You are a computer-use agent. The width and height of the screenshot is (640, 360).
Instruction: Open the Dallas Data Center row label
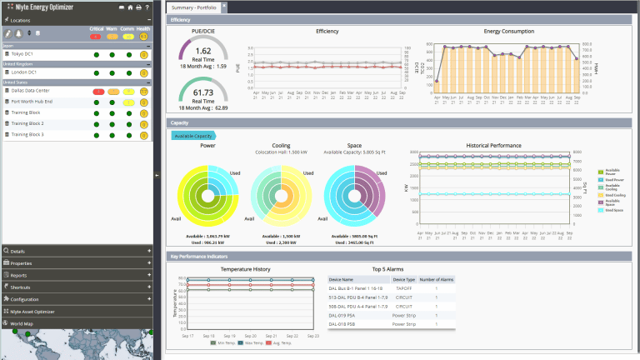[31, 90]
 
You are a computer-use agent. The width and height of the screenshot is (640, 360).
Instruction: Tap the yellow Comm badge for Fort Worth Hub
[127, 101]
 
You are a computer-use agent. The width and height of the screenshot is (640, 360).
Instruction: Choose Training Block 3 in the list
[27, 134]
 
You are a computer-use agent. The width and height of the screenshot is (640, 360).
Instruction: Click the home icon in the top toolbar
[129, 7]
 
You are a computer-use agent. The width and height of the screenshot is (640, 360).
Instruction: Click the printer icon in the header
[138, 7]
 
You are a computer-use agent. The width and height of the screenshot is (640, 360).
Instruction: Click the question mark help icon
[147, 7]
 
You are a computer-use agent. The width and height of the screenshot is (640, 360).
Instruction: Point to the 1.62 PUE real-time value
[202, 51]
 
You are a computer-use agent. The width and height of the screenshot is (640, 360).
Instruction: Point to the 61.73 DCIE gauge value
[202, 92]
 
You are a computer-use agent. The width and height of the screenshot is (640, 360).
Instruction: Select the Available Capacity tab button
[192, 135]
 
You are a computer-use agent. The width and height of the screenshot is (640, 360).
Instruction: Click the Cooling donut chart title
[281, 145]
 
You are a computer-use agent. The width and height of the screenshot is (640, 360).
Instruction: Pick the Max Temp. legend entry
[244, 342]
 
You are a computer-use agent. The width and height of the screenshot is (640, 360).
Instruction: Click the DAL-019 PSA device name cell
[342, 316]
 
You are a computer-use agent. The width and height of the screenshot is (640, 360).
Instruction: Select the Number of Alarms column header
[434, 279]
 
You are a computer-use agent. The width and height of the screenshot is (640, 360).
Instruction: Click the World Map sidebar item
[22, 322]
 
